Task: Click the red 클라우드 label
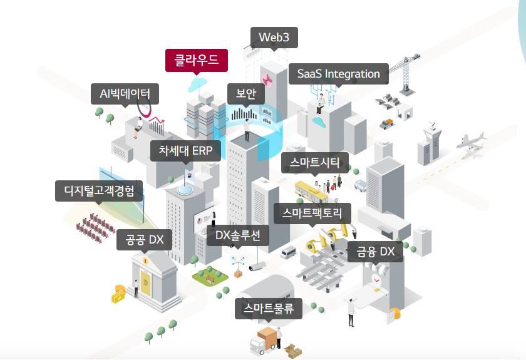click(197, 61)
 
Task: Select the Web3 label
click(274, 38)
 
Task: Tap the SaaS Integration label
click(338, 74)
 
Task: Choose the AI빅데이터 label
click(125, 94)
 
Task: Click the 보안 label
click(246, 94)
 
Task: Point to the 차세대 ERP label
click(186, 150)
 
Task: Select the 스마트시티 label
click(315, 163)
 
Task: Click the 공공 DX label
click(145, 239)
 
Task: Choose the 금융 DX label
click(376, 252)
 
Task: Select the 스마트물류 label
click(269, 308)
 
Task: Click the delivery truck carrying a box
click(263, 341)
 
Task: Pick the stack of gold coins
click(118, 293)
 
